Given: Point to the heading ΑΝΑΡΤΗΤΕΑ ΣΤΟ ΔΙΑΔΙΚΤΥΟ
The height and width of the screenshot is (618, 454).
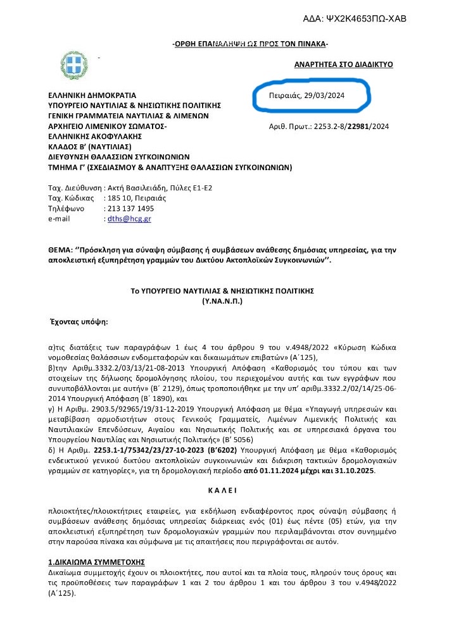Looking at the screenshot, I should [344, 65].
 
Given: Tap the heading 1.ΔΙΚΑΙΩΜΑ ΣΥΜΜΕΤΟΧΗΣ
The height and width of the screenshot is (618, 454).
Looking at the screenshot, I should [97, 561].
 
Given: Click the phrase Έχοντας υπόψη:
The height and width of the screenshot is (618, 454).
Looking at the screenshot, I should [79, 321].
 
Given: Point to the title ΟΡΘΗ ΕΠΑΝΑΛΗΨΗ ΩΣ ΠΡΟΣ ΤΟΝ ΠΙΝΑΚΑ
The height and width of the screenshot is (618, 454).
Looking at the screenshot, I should [251, 43].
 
